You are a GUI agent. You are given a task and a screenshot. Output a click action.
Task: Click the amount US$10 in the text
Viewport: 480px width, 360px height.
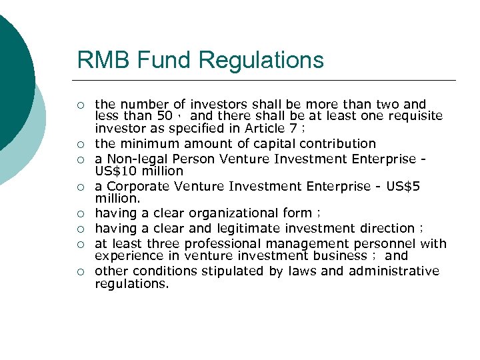coord(114,171)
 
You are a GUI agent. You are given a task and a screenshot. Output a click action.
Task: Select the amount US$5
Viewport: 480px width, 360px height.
coord(403,187)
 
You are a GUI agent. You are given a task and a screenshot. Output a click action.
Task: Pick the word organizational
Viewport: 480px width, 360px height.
coord(233,213)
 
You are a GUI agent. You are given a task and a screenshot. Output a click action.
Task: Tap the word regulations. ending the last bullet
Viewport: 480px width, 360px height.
coord(132,283)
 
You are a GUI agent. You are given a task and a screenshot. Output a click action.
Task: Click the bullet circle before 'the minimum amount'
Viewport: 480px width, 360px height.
coord(80,144)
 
